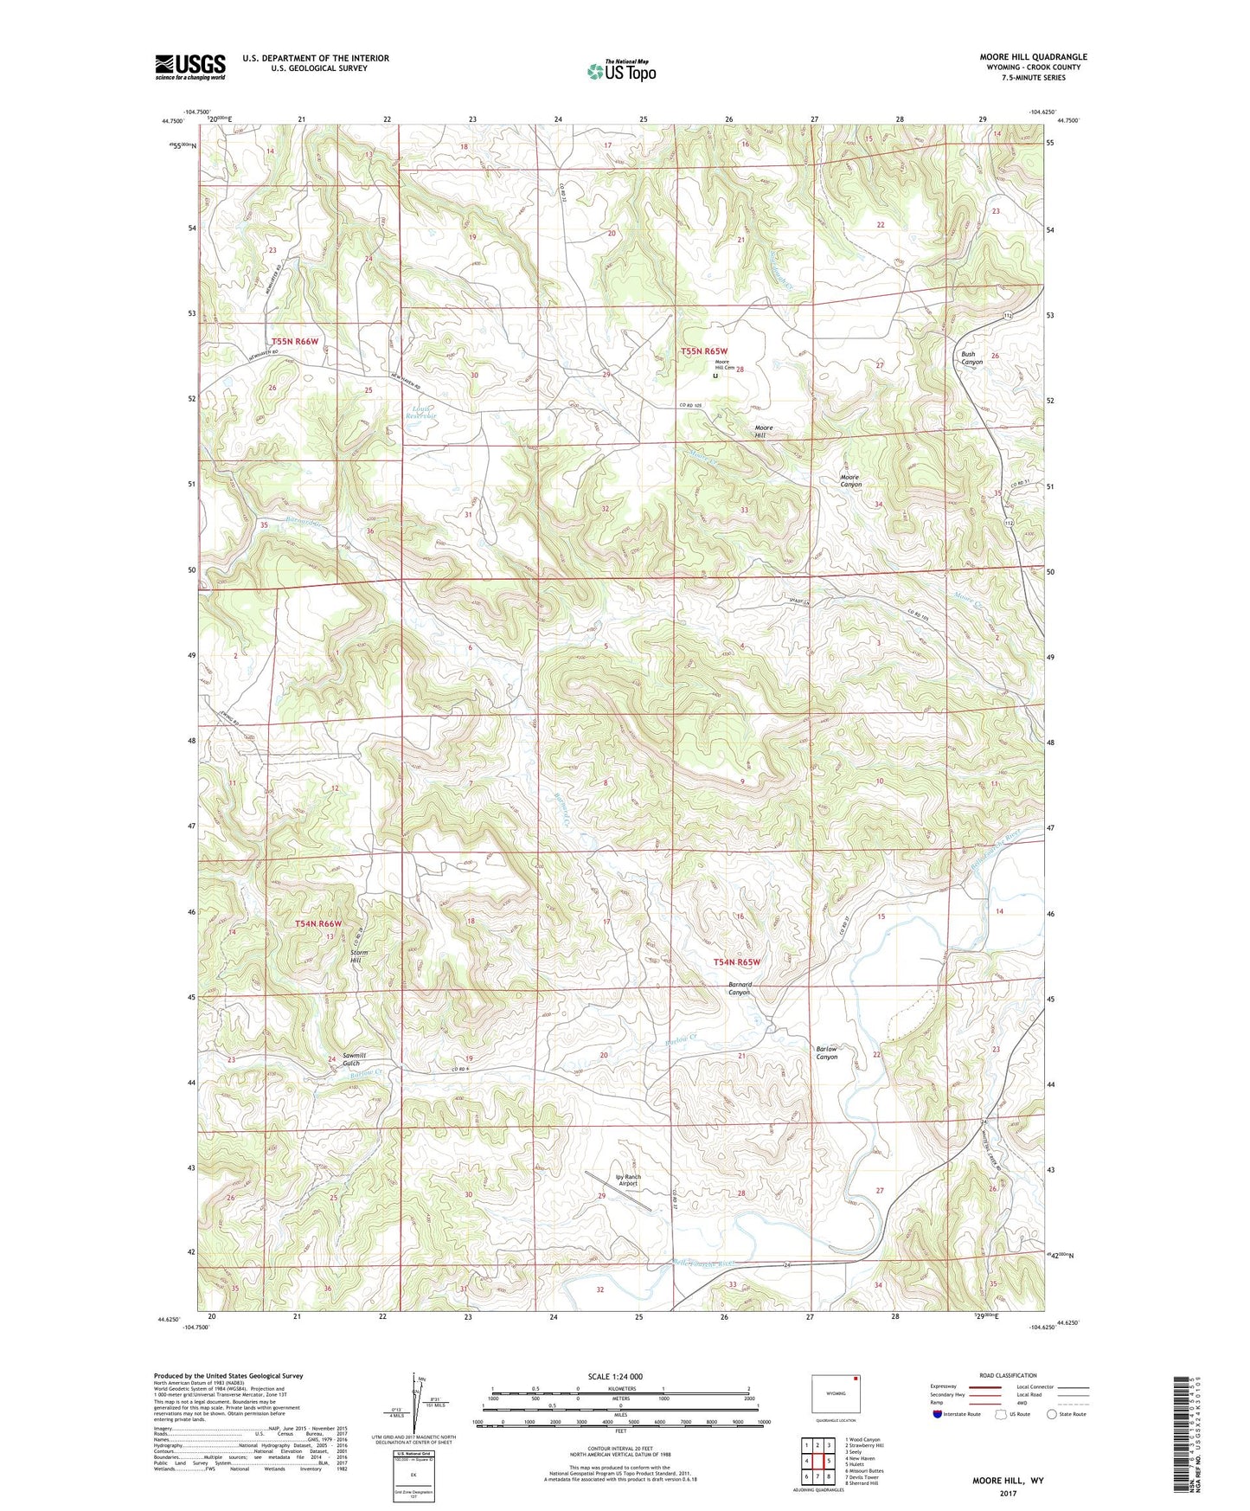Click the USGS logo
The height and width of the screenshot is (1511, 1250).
(x=189, y=67)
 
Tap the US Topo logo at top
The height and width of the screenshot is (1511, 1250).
(x=619, y=71)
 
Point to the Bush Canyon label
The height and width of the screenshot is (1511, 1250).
(x=971, y=357)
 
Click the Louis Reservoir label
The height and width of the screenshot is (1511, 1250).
(x=423, y=412)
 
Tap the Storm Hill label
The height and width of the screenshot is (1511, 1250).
(x=361, y=956)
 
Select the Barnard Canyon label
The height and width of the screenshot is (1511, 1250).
(x=740, y=988)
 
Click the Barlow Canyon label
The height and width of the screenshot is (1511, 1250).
(x=827, y=1052)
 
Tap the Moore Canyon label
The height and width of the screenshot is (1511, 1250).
(x=850, y=481)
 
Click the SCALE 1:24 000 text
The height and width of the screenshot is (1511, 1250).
(x=614, y=1376)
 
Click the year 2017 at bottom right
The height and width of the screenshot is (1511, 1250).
(x=1008, y=1493)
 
